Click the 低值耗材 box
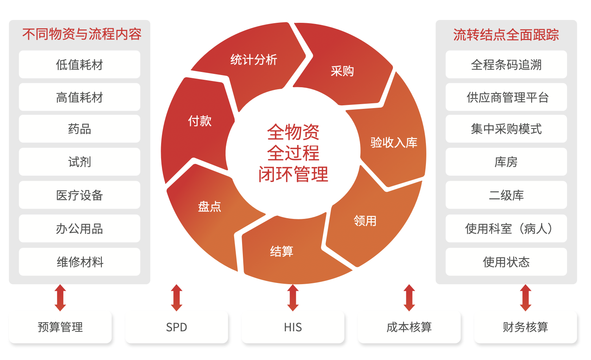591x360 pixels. point(79,64)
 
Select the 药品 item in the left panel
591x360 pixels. point(79,129)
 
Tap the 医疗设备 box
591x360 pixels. point(79,195)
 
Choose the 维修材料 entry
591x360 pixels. point(79,262)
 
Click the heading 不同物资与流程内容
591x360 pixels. point(82,34)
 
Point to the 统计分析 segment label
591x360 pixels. point(254,60)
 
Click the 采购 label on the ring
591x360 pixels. point(342,71)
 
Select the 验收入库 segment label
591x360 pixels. point(394,142)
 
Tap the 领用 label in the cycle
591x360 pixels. point(365,221)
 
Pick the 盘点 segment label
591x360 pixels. point(209,206)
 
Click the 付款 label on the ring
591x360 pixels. point(200,121)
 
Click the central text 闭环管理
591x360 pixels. point(293,174)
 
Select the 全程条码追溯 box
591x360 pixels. point(506,64)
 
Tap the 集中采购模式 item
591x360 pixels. point(506,129)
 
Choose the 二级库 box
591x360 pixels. point(506,195)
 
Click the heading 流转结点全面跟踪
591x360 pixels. point(506,35)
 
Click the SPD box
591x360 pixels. point(176,327)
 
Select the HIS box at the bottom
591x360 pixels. point(293,327)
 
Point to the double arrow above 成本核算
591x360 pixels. point(409,298)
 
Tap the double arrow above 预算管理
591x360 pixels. point(60,298)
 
